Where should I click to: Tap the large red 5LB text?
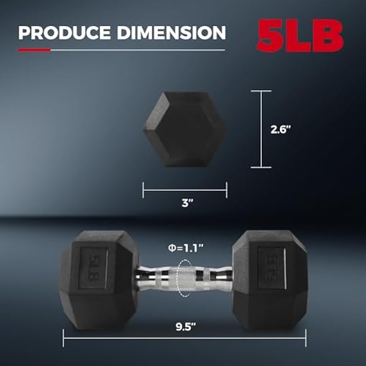point(300,35)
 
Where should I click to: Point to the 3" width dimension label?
point(185,204)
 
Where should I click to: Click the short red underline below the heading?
point(34,50)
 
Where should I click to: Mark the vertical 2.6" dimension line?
point(261,129)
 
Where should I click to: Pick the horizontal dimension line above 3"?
point(185,190)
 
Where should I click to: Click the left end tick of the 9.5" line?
point(63,338)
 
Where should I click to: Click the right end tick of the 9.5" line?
point(306,338)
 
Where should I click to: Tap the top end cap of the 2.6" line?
point(261,91)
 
